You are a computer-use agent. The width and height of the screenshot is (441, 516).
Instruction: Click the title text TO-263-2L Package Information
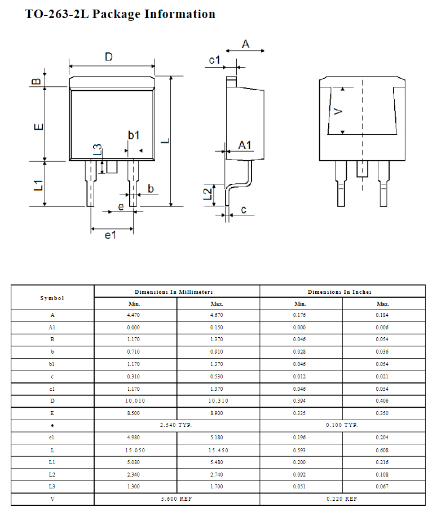coord(120,14)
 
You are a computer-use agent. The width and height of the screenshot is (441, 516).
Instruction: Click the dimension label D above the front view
coord(109,56)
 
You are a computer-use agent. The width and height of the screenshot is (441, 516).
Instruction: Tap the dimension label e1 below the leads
coord(111,235)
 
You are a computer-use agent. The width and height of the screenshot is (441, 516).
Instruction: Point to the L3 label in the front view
coord(98,149)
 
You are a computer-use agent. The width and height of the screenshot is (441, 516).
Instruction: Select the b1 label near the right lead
coord(134,135)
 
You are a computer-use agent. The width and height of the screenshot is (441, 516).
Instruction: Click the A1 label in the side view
coord(244,145)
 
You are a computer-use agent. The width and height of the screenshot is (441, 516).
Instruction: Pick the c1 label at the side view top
coord(214,60)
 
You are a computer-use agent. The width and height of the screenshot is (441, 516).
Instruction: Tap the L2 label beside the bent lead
coord(208,194)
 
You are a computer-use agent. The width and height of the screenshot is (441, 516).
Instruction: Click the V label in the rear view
coord(338,111)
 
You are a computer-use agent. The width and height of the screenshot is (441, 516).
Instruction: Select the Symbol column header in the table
coord(52,298)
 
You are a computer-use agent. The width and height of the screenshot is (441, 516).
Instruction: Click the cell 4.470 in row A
coord(135,315)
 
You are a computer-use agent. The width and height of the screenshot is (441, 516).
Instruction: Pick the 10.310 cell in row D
coord(217,401)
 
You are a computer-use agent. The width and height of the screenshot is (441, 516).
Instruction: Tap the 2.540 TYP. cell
coord(177,425)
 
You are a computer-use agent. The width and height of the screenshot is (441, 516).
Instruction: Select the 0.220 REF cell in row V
coord(342,499)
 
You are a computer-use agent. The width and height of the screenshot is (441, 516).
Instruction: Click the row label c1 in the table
coord(52,389)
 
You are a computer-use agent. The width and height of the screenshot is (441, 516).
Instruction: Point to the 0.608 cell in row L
coord(382,450)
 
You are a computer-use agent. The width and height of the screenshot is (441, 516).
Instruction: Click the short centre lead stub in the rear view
coord(361,168)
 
